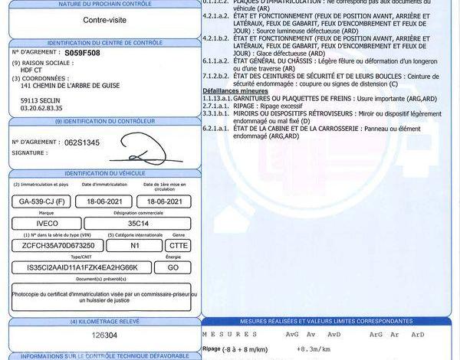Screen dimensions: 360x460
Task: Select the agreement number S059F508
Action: pos(82,54)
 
